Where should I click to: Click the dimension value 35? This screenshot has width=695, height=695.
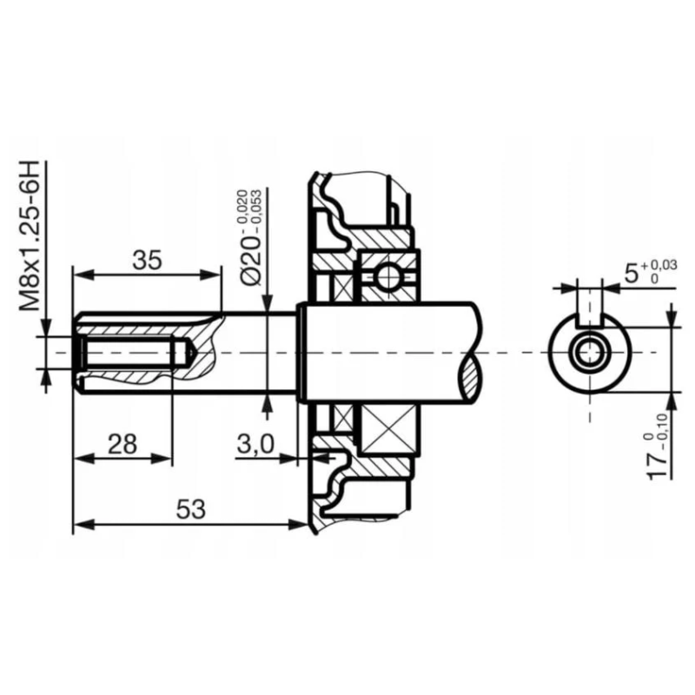[x=149, y=259]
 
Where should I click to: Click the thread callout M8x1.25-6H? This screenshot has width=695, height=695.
[x=31, y=236]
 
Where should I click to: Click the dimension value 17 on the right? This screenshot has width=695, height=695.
[x=660, y=457]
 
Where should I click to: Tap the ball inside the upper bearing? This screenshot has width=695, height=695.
[x=387, y=276]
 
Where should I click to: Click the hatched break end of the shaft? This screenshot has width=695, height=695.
[x=470, y=372]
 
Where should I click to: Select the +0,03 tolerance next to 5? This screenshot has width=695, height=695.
[x=660, y=265]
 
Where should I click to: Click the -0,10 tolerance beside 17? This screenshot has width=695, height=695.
[x=665, y=424]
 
